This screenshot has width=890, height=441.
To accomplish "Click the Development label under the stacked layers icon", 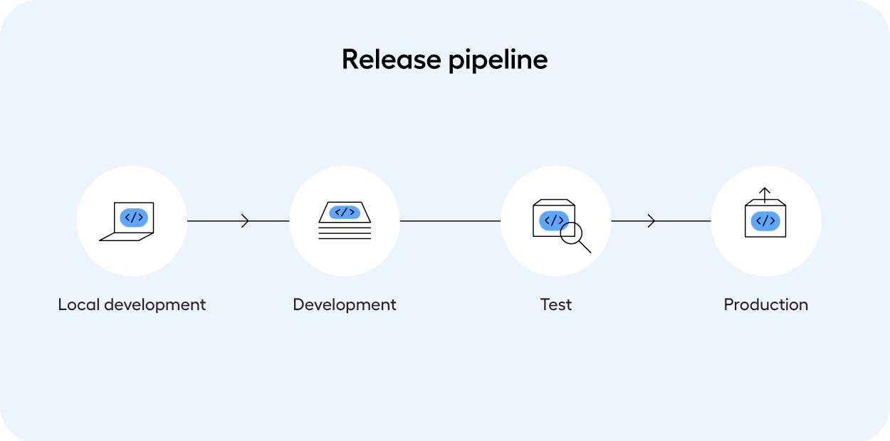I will tap(345, 304).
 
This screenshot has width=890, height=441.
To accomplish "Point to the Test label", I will tap(555, 304).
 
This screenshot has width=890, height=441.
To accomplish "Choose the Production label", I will tap(765, 304).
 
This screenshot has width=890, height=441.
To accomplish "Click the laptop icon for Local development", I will tap(128, 221).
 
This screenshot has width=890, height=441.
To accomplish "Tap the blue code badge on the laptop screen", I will tap(134, 218).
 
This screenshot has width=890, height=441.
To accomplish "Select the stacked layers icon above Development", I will tap(345, 221).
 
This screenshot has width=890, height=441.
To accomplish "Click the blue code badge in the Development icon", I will tap(345, 212).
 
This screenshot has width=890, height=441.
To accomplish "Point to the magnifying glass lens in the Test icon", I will tap(572, 234).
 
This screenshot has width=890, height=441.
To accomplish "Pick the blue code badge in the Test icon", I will tap(553, 220).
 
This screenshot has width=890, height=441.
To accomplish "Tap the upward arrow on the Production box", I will tap(765, 193).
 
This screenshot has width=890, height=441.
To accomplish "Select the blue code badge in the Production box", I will tap(765, 221).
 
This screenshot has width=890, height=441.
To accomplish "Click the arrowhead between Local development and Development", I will tap(246, 221).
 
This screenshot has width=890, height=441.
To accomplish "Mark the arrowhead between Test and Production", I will tap(651, 221).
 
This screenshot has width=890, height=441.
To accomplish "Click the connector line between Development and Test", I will tap(450, 221).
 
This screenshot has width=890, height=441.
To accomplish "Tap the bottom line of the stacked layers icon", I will tap(345, 238).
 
